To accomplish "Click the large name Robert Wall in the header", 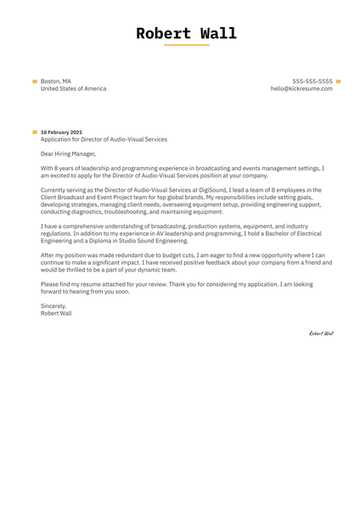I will (x=186, y=34).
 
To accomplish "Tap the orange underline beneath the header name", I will (x=186, y=45).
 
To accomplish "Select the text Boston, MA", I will (x=56, y=81).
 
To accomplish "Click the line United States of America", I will (x=73, y=88).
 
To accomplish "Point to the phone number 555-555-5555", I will (x=312, y=81).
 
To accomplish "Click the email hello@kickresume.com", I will (x=301, y=88).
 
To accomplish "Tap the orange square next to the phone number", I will (x=338, y=81).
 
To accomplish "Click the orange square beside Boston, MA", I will (x=35, y=81).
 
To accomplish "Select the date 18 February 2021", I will (x=62, y=132).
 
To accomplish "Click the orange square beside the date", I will (x=35, y=132).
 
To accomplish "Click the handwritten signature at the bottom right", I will (x=321, y=333).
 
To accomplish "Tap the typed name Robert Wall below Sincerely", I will (x=56, y=312).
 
